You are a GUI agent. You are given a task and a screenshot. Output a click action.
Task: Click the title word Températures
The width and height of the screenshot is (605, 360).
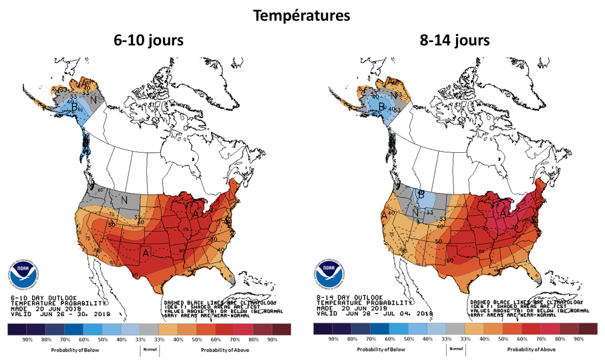[302, 15]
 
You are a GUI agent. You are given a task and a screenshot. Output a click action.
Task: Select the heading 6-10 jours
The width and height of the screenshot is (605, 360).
[148, 40]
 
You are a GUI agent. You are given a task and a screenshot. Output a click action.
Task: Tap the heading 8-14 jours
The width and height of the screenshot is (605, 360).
[454, 40]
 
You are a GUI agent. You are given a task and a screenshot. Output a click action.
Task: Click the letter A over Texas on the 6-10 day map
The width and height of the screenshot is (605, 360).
[145, 250]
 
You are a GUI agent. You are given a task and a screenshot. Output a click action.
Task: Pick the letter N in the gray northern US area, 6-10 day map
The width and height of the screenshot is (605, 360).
[124, 199]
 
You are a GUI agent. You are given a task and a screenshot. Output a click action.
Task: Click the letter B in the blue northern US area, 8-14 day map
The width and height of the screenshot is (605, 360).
[421, 195]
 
